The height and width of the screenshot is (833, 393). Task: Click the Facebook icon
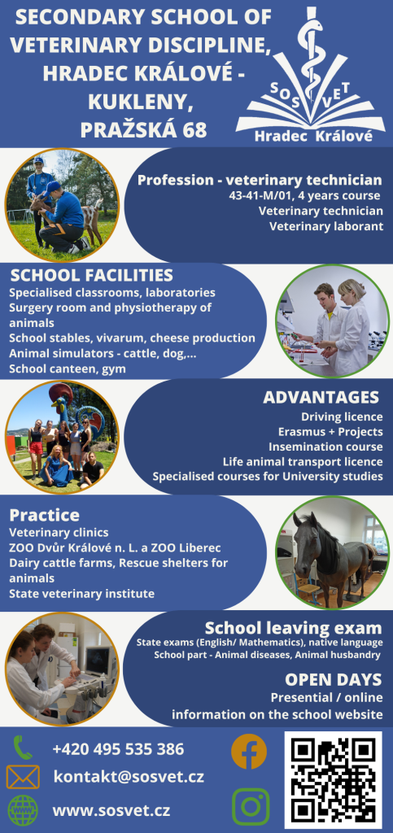(x=249, y=751)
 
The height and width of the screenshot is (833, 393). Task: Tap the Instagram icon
(x=251, y=806)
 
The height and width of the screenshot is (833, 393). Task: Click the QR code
(x=334, y=780)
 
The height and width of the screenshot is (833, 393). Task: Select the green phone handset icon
(x=23, y=747)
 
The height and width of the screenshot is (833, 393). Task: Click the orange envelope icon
(x=23, y=777)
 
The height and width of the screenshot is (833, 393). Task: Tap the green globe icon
(x=23, y=810)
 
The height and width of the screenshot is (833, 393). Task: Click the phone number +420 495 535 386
(x=119, y=749)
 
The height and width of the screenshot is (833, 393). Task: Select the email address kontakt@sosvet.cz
(x=129, y=777)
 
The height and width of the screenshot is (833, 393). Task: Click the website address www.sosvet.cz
(x=111, y=811)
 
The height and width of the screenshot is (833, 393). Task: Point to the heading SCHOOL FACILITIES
(x=92, y=275)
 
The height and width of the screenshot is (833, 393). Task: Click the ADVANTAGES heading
(x=321, y=397)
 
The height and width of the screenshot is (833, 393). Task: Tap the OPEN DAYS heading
(x=333, y=679)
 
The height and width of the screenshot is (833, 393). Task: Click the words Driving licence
(x=342, y=416)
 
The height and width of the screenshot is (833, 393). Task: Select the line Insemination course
(x=325, y=447)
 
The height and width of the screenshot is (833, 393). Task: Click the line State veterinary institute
(x=82, y=593)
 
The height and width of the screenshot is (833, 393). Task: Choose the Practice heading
(x=44, y=515)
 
